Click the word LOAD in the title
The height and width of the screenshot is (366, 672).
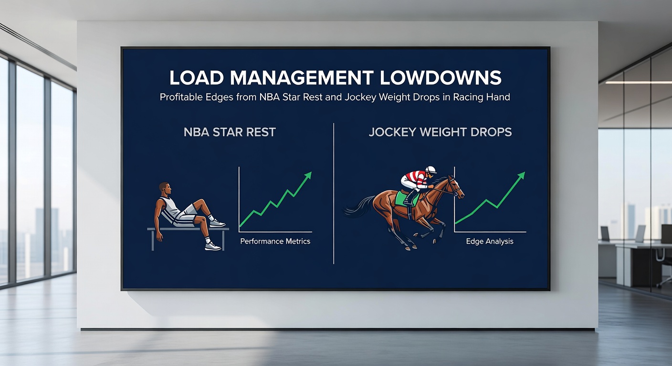pos(195,78)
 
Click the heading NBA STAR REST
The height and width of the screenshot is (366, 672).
pos(230,132)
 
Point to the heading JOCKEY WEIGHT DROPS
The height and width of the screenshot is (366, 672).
pos(440,132)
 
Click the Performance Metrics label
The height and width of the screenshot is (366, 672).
pos(275,241)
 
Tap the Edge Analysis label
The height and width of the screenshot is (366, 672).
pos(490,241)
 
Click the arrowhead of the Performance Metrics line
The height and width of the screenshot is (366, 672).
pos(308,175)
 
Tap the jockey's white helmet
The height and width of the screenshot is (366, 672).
pos(431,169)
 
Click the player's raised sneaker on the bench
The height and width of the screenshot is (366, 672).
pos(218,223)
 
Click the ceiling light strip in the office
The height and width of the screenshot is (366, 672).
pos(639,82)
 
